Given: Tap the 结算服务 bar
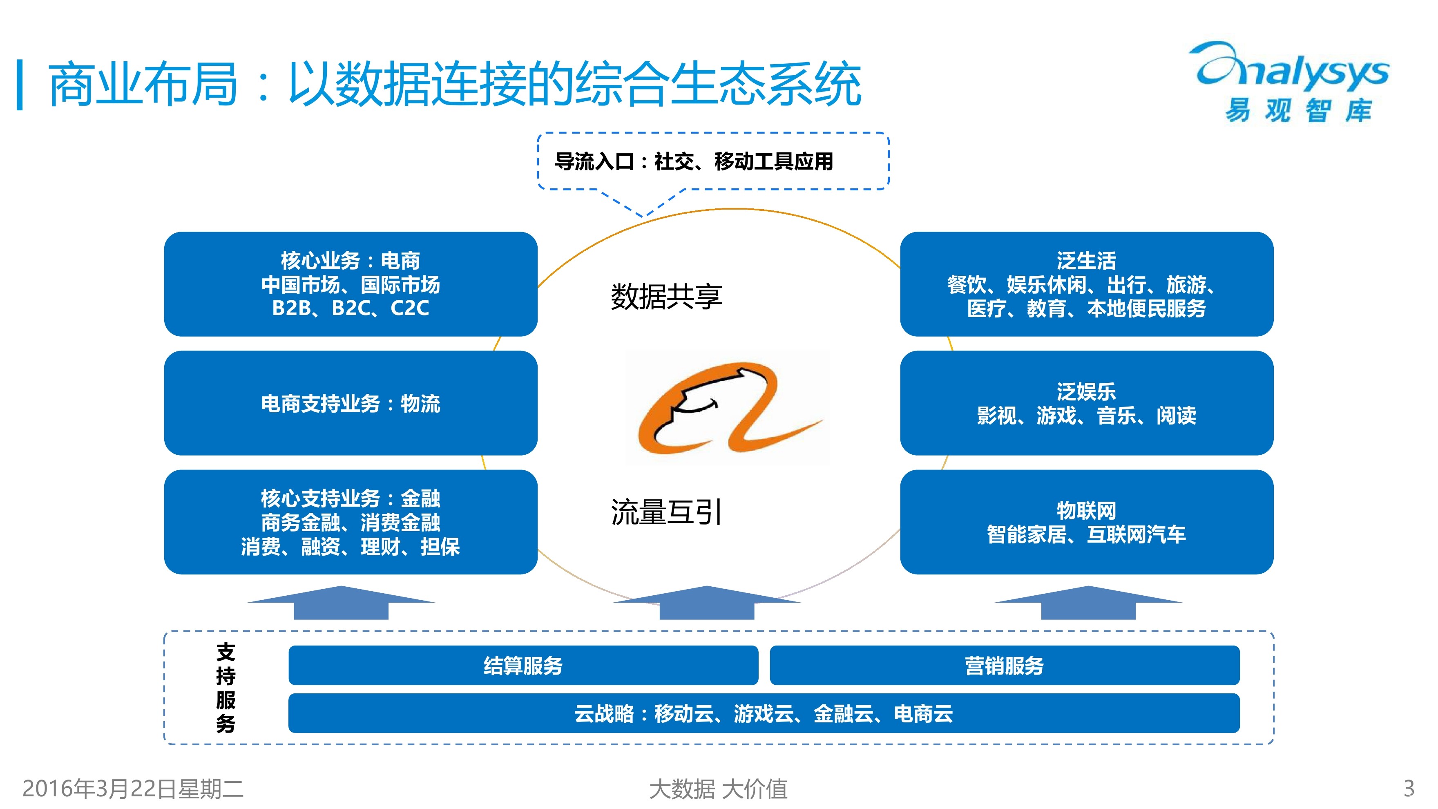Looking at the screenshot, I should pyautogui.click(x=523, y=665).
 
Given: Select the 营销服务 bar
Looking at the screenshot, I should pyautogui.click(x=1004, y=665).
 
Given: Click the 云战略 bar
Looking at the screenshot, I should pyautogui.click(x=764, y=713).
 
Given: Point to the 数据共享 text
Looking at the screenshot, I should pyautogui.click(x=667, y=297).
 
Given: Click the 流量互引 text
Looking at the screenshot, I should pyautogui.click(x=667, y=512).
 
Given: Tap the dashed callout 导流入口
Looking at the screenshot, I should pyautogui.click(x=713, y=161).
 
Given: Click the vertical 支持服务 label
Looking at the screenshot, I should pyautogui.click(x=226, y=687).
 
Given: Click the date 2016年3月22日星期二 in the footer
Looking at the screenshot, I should pyautogui.click(x=133, y=788).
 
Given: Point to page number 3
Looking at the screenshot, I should pyautogui.click(x=1409, y=788).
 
